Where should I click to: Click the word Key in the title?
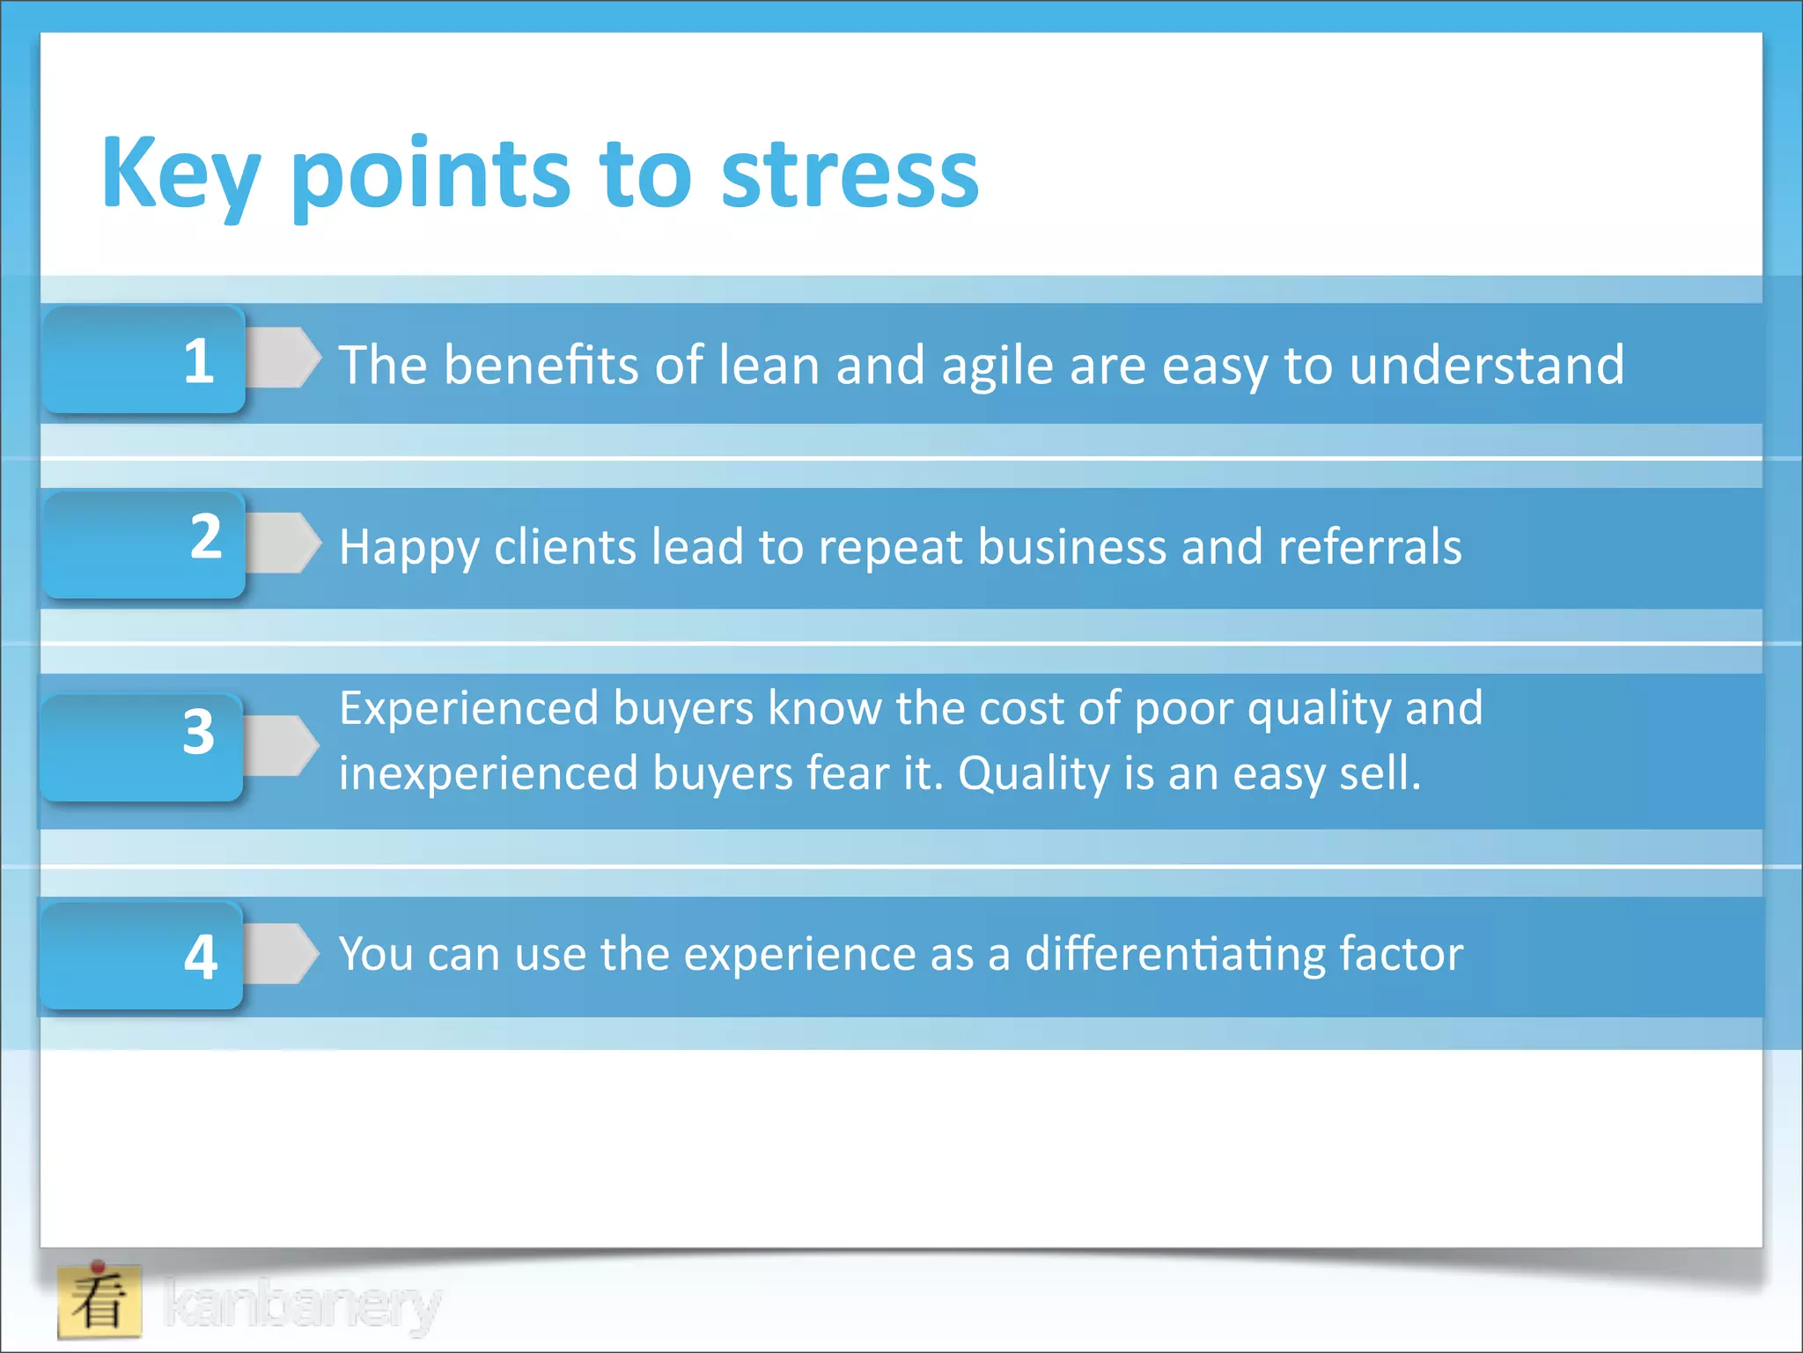click(180, 174)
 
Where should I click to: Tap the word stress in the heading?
click(850, 174)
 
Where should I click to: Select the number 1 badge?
click(144, 360)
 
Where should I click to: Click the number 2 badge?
click(144, 544)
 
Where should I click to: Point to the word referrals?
click(1369, 547)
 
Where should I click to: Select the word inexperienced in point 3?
click(489, 773)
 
